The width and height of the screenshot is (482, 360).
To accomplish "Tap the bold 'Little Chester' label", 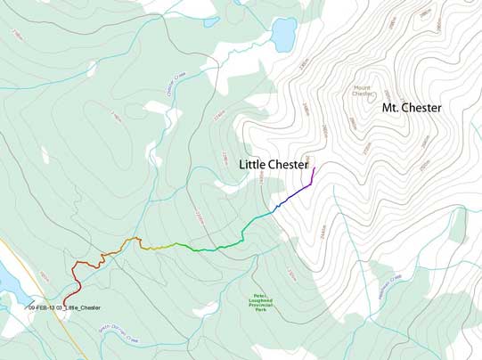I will tap(274, 165).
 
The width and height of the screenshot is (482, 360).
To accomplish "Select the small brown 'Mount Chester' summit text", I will tap(361, 91).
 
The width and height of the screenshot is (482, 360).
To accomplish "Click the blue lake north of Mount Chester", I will tap(284, 35).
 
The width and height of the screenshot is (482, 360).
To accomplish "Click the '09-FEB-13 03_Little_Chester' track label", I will tap(64, 308).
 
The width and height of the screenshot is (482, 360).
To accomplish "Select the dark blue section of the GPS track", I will tap(283, 203).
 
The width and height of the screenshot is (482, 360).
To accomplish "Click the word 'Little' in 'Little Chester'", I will tap(253, 165).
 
